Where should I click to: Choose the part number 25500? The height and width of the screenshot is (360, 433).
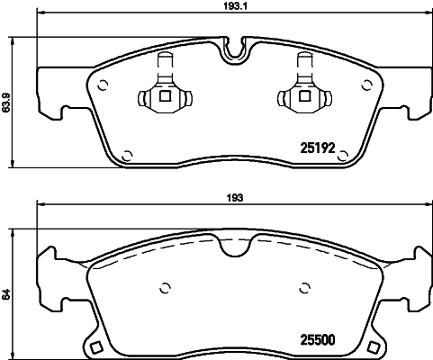316,339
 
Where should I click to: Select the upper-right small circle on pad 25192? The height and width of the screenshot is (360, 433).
366,85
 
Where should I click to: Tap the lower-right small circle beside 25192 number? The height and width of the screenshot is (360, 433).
342,155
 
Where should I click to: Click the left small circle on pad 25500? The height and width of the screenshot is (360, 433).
165,289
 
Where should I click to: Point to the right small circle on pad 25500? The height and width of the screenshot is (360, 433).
302,289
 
